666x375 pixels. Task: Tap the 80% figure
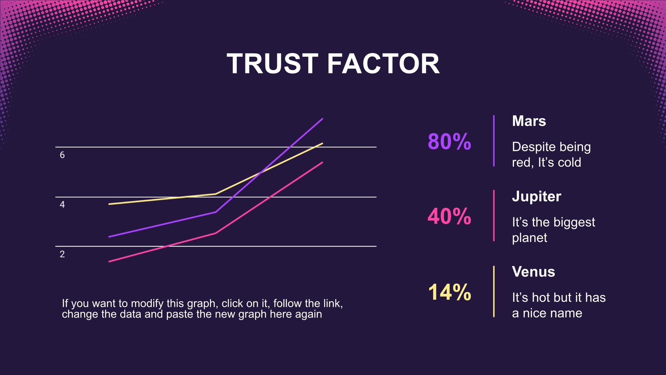449,142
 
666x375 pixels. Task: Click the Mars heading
529,121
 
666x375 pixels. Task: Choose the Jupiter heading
536,196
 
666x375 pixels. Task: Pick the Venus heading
533,272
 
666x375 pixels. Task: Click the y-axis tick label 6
62,155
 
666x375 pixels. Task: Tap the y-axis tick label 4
62,205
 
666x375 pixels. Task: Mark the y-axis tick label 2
62,254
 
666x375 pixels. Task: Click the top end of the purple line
322,119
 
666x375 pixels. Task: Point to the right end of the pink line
322,162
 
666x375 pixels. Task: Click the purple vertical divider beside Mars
494,141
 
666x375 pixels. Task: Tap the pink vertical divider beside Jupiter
494,215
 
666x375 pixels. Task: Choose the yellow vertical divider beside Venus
494,291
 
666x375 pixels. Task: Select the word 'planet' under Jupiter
529,238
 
